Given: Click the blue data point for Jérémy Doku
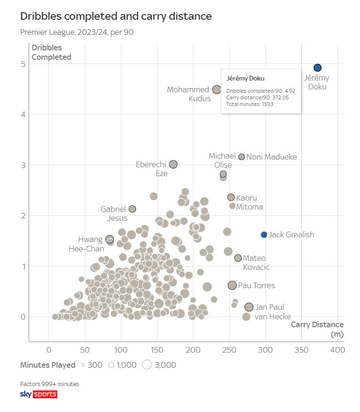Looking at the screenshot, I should [318, 68].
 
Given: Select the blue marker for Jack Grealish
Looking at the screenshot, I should [264, 234].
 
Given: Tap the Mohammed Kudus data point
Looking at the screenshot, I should [216, 89].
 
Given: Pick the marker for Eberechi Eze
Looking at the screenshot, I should [173, 164].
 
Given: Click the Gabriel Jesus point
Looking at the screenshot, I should [132, 209].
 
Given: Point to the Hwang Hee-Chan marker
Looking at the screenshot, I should [110, 239].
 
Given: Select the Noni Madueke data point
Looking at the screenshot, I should [241, 157].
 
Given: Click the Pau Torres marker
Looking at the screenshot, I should [232, 285].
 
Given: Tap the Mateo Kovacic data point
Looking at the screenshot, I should [238, 258].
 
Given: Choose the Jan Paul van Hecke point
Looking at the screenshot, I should [249, 307].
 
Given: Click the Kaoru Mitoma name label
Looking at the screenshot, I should [249, 202].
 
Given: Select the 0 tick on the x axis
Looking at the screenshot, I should [48, 350].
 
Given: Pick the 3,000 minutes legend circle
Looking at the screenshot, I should [146, 365].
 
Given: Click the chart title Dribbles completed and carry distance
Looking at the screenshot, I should [116, 16].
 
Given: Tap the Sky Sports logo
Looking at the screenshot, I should [39, 394].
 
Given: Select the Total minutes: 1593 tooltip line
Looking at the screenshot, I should [250, 104].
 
